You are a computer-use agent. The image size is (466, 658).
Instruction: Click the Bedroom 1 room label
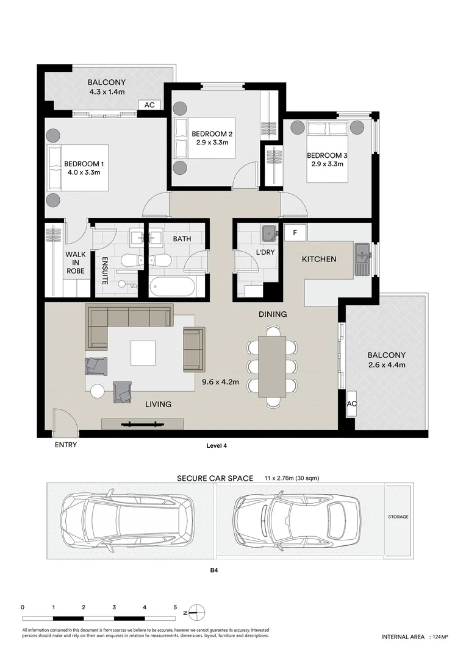(x=84, y=164)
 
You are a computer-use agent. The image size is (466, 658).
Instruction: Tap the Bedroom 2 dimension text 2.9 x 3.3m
(x=212, y=143)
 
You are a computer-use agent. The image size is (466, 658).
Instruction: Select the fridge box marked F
(x=295, y=233)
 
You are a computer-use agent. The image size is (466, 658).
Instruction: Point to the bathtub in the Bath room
(x=172, y=286)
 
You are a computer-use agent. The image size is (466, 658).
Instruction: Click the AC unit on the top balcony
(x=149, y=105)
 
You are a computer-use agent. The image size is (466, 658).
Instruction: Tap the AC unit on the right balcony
(x=351, y=405)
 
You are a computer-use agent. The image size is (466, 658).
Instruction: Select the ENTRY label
(x=66, y=445)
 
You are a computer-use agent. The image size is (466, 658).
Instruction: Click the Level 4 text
(x=217, y=446)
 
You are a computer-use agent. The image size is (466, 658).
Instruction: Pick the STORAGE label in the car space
(x=398, y=517)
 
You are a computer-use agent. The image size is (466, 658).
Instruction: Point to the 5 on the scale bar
(x=175, y=607)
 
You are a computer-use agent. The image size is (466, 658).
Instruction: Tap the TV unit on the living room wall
(x=143, y=423)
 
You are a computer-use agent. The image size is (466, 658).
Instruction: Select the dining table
(x=273, y=366)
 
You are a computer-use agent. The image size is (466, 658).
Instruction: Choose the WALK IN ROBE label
(x=75, y=262)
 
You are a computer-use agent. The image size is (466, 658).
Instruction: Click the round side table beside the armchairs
(x=98, y=392)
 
